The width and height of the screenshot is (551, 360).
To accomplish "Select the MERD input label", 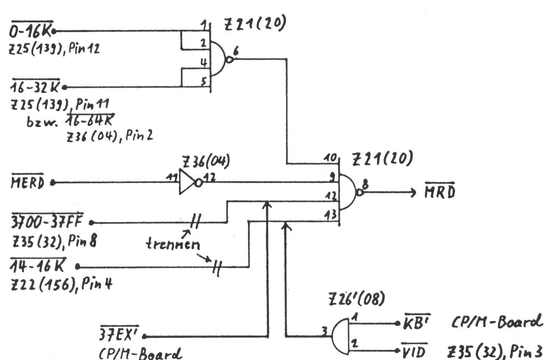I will pos(28,183).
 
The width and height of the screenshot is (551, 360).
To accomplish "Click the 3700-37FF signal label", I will pos(47,222).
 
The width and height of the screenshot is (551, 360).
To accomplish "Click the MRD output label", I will pos(439,192).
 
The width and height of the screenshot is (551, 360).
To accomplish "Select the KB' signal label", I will pos(416,323).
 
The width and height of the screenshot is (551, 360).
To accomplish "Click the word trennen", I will pos(173,244).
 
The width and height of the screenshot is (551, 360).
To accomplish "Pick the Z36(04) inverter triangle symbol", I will pos(187,182).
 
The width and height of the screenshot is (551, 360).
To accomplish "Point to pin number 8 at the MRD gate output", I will pos(366,185).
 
